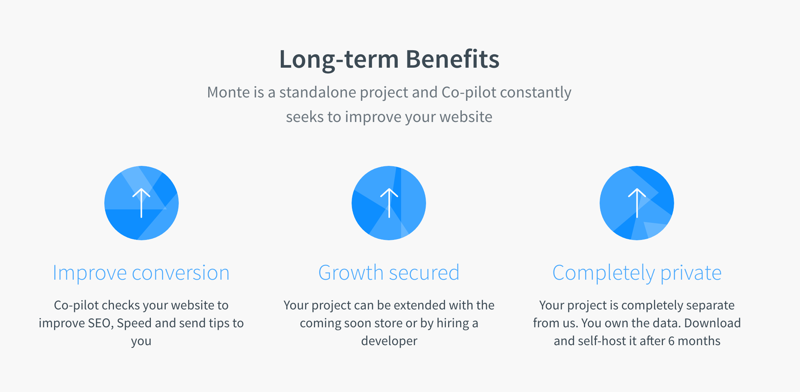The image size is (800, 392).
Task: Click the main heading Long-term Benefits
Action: [389, 60]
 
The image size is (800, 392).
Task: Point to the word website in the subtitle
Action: [466, 117]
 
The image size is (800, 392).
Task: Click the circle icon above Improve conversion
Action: [142, 203]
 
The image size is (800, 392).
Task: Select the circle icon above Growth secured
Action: [389, 203]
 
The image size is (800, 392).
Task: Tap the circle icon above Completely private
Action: [637, 203]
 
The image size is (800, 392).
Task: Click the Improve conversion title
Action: [141, 273]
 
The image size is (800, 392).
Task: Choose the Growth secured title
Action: [389, 273]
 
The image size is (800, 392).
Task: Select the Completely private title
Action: [637, 273]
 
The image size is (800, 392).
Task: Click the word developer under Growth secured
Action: [389, 341]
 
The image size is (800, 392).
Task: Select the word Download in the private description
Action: [712, 323]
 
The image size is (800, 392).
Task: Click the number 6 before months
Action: [672, 341]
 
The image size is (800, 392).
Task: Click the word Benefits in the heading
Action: [453, 60]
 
